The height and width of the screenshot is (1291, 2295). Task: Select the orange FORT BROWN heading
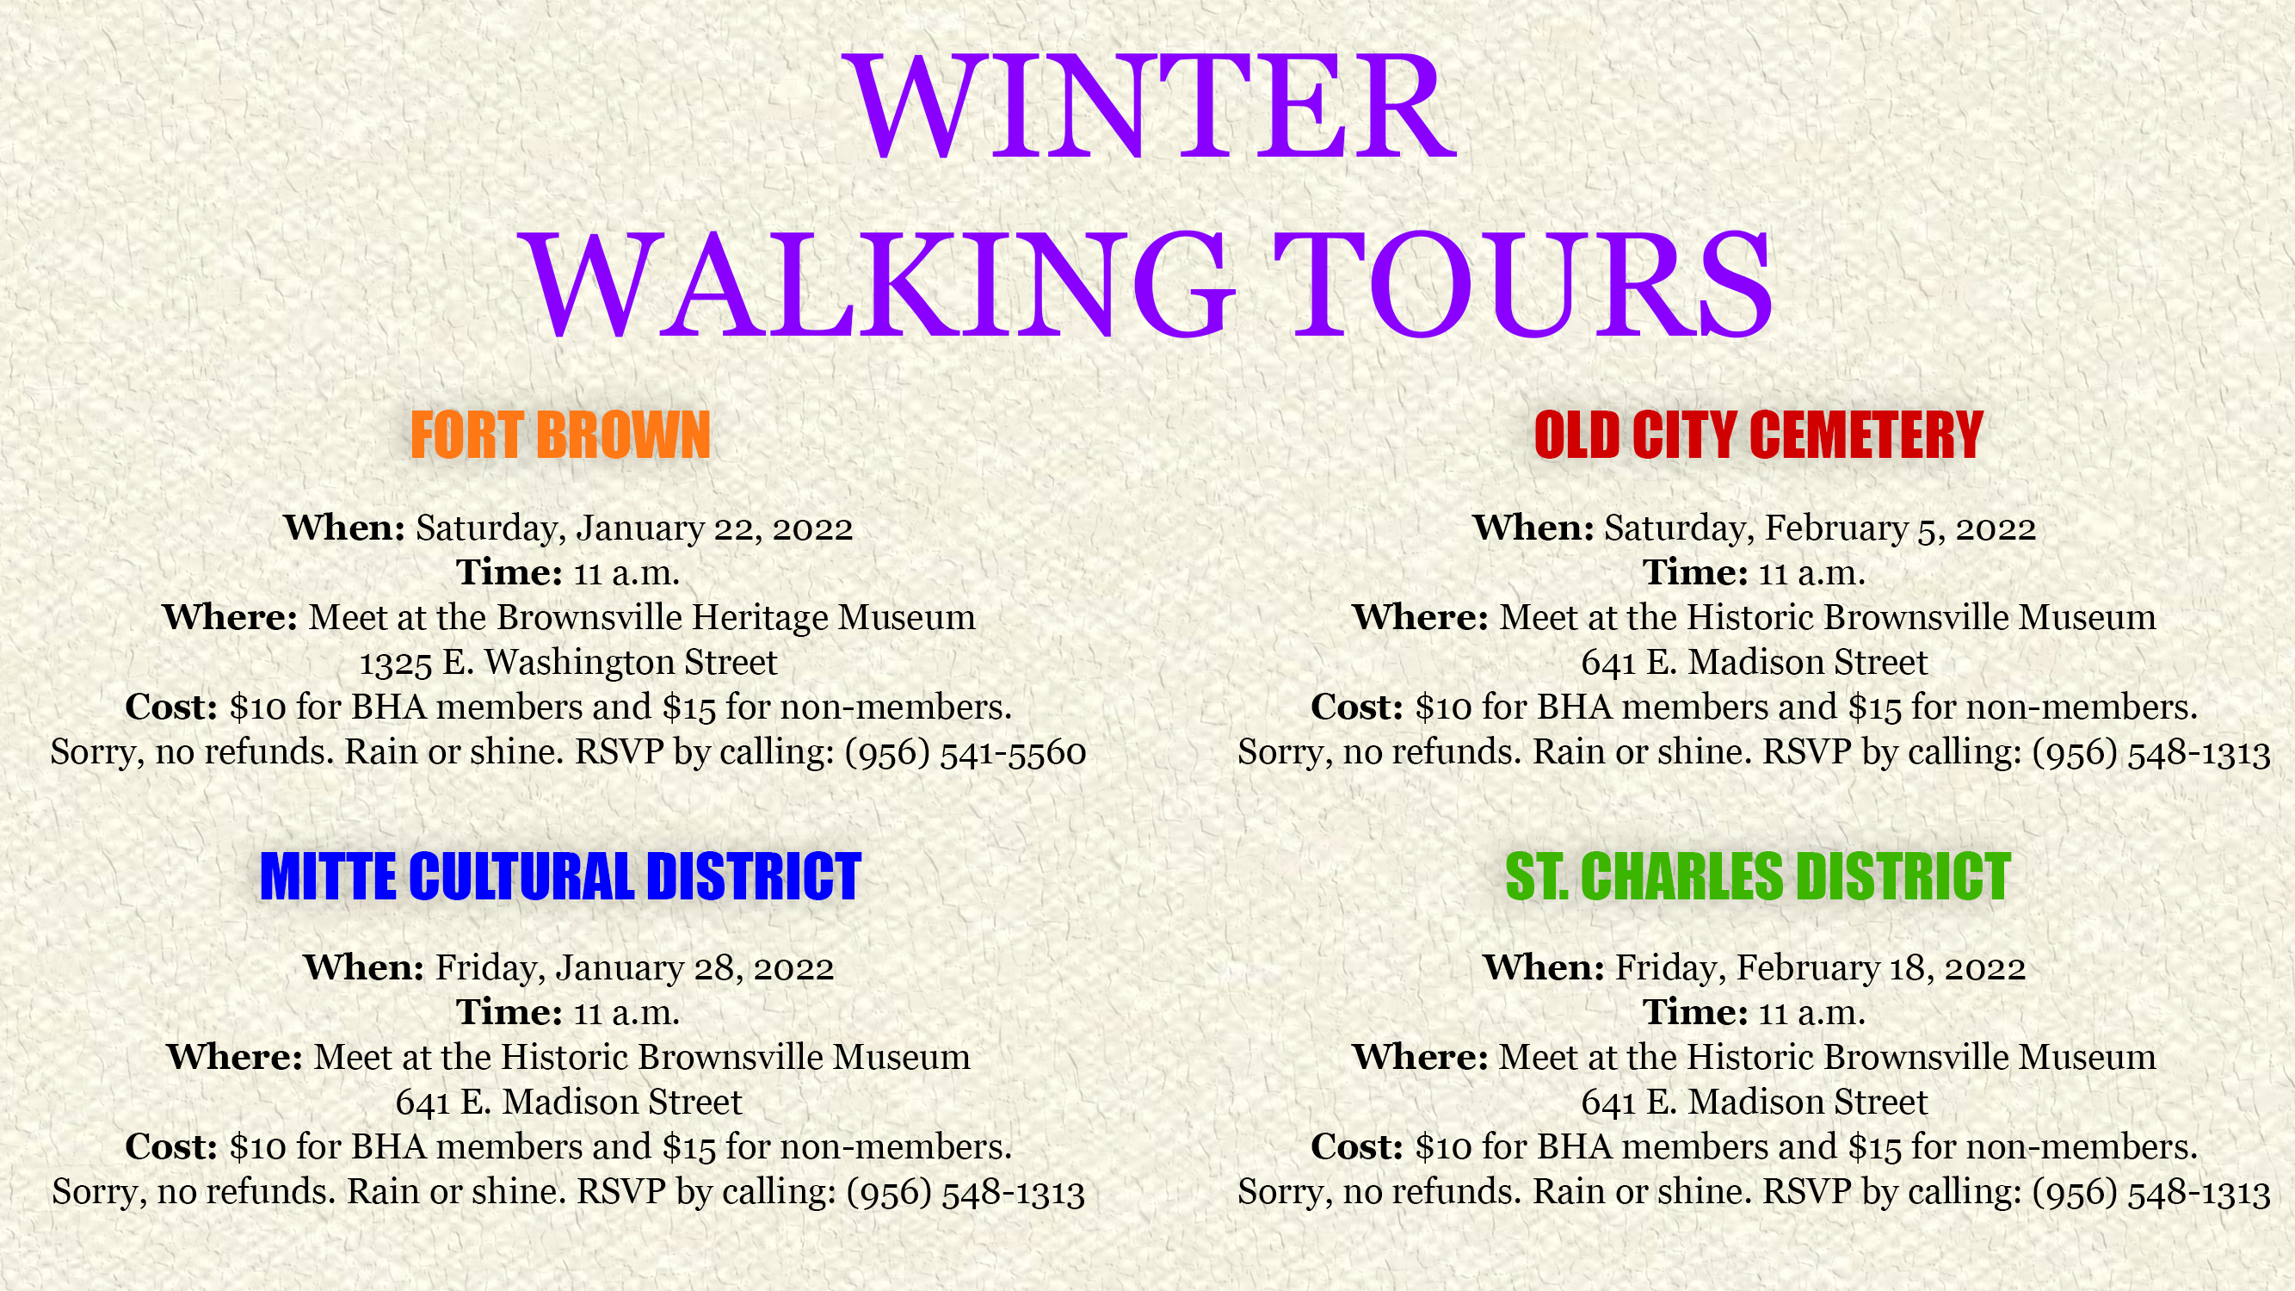point(560,435)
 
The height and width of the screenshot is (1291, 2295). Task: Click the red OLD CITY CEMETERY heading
point(1759,435)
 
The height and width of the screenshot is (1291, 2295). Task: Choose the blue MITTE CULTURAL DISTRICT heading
point(560,876)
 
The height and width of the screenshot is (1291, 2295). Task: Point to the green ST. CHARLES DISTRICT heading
point(1758,876)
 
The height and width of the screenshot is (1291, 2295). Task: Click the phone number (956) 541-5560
point(966,753)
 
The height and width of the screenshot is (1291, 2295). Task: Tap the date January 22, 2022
point(714,528)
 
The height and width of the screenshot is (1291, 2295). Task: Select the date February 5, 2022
point(1900,528)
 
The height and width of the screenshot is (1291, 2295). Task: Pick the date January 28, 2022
point(695,968)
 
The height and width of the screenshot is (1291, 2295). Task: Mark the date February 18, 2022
point(1881,968)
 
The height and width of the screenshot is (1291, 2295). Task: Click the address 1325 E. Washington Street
point(569,662)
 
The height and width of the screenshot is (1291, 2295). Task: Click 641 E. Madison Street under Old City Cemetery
point(1755,662)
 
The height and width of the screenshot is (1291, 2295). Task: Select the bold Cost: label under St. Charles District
point(1357,1146)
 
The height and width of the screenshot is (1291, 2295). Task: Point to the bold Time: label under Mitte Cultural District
point(509,1012)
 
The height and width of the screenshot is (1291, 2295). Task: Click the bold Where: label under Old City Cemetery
point(1420,616)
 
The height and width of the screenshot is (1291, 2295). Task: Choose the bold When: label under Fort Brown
point(345,528)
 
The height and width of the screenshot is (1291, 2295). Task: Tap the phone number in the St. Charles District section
point(2151,1193)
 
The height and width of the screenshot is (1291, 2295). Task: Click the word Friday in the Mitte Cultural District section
point(489,968)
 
